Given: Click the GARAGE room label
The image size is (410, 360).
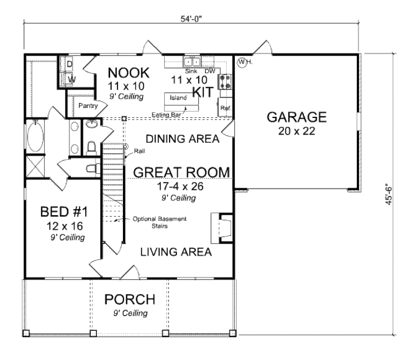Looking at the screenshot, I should coord(297,117).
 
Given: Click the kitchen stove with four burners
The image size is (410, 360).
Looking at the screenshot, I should coord(225,81).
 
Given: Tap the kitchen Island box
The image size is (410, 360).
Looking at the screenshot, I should coord(178,98).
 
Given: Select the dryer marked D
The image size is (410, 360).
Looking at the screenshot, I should coord(69,64).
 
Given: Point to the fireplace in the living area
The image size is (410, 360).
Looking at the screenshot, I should coord(221,228).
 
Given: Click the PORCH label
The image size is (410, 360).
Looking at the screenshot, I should coord(129,299).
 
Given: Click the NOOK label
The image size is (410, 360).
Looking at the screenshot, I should coord(129,73).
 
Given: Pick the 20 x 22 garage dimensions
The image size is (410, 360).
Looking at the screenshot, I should coord(297,131).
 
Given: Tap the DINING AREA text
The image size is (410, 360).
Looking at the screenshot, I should coord(182,139).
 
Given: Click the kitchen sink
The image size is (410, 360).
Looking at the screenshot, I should coord(192,62).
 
